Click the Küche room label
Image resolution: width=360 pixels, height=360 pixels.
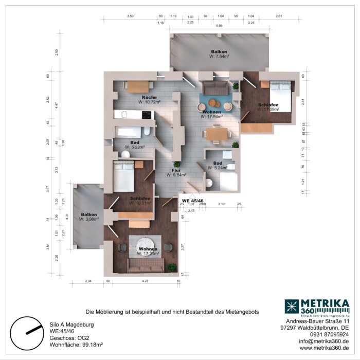click(149, 97)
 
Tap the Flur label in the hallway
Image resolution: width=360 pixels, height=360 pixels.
click(176, 169)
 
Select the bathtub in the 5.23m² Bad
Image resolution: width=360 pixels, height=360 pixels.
click(131, 132)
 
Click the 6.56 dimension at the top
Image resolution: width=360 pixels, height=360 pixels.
click(219, 25)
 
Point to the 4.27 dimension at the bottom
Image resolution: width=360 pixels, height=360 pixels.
click(145, 281)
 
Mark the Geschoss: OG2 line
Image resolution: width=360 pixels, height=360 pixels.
click(67, 338)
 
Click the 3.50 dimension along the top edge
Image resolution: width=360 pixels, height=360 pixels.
click(130, 16)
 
